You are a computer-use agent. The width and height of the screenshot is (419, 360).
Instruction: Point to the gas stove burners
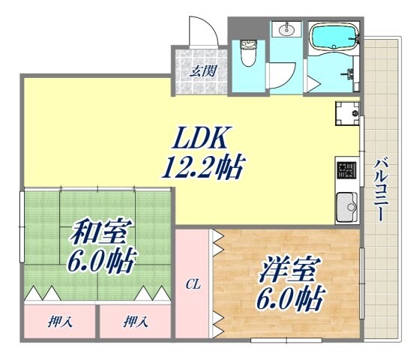point(346,173)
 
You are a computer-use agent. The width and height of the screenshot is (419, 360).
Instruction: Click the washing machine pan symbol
point(347,115)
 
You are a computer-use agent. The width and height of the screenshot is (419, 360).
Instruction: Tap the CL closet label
point(193,284)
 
